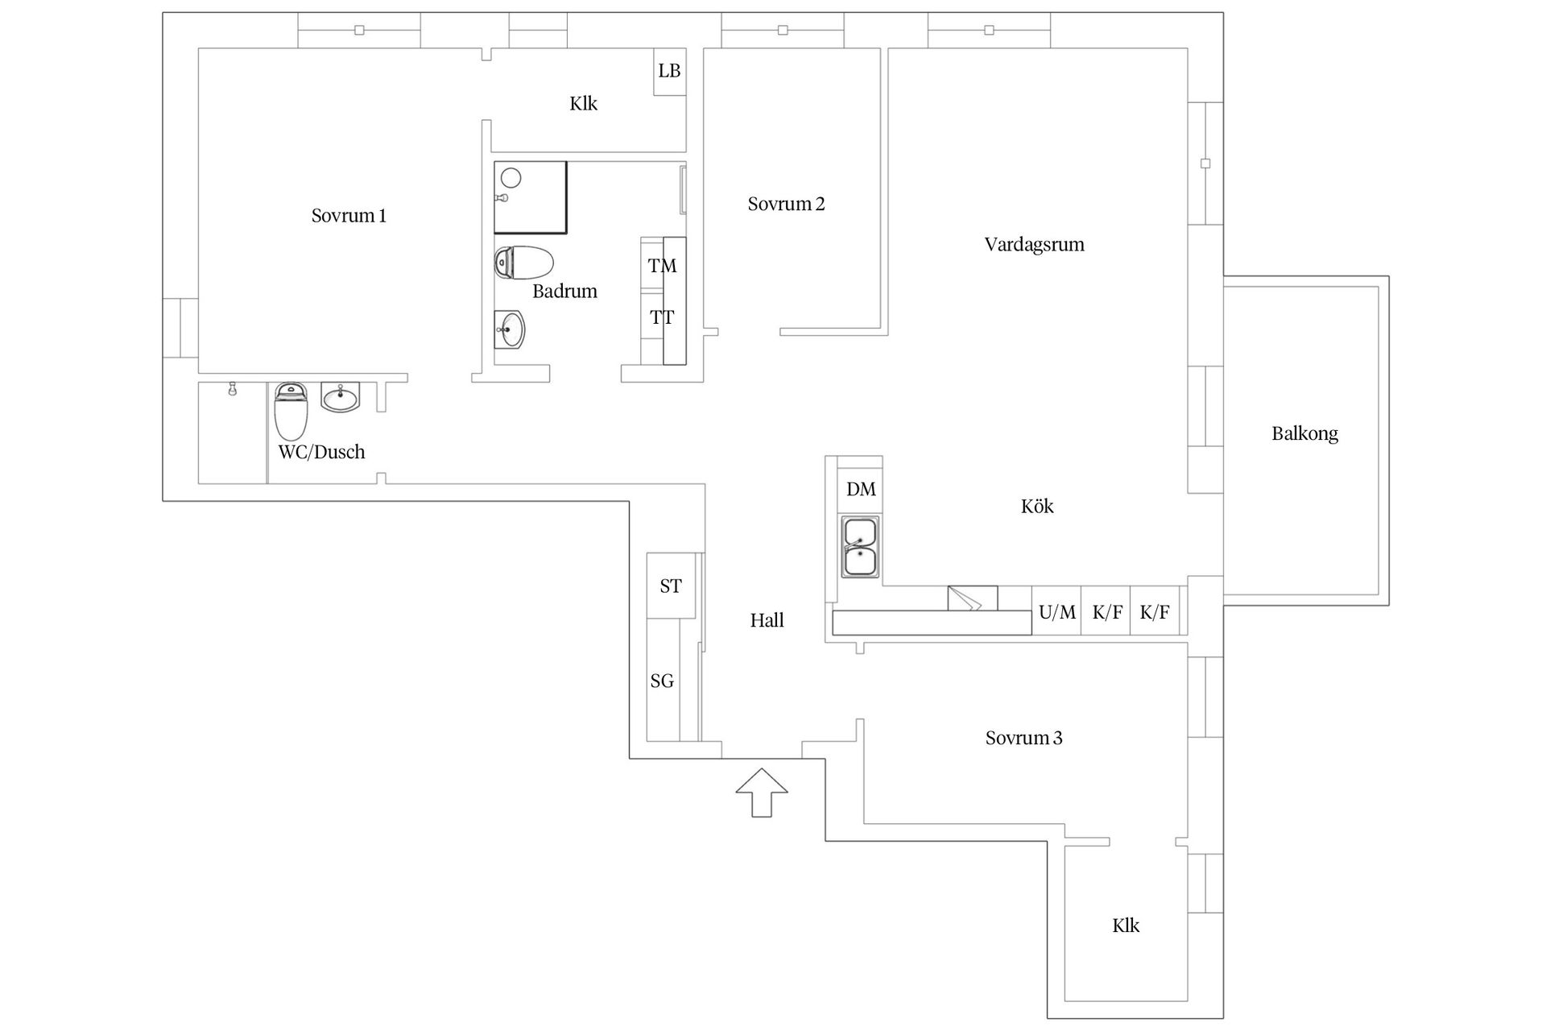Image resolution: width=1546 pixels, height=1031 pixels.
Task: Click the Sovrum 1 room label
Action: point(349,216)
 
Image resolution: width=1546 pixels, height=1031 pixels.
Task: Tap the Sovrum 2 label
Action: point(786,205)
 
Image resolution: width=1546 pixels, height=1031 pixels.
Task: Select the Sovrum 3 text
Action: point(1023,738)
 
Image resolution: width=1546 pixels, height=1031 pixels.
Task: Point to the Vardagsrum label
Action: point(1034,245)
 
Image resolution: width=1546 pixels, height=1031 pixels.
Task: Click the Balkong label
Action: point(1304,433)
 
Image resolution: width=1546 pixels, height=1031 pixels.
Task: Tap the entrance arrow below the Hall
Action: point(761,793)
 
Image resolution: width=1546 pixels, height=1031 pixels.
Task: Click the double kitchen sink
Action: point(860,547)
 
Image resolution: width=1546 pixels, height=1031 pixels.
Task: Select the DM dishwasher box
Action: point(861,489)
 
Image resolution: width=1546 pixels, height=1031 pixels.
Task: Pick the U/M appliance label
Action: point(1056,612)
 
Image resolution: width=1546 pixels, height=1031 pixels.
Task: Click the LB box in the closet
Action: point(669,71)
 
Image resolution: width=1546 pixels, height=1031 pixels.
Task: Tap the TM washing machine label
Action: point(662,266)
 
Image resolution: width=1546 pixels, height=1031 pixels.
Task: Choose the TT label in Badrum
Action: point(662,318)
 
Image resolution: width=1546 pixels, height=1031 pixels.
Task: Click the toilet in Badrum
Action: point(523,263)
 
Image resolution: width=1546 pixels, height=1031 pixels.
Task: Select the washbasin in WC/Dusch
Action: point(341,396)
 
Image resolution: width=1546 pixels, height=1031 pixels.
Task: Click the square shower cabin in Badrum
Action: point(530,197)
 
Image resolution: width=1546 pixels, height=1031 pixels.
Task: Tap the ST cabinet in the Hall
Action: point(671,586)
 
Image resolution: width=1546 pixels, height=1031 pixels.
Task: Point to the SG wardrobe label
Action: point(662,681)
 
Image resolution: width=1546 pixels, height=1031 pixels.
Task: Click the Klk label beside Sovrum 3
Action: point(1125,925)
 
